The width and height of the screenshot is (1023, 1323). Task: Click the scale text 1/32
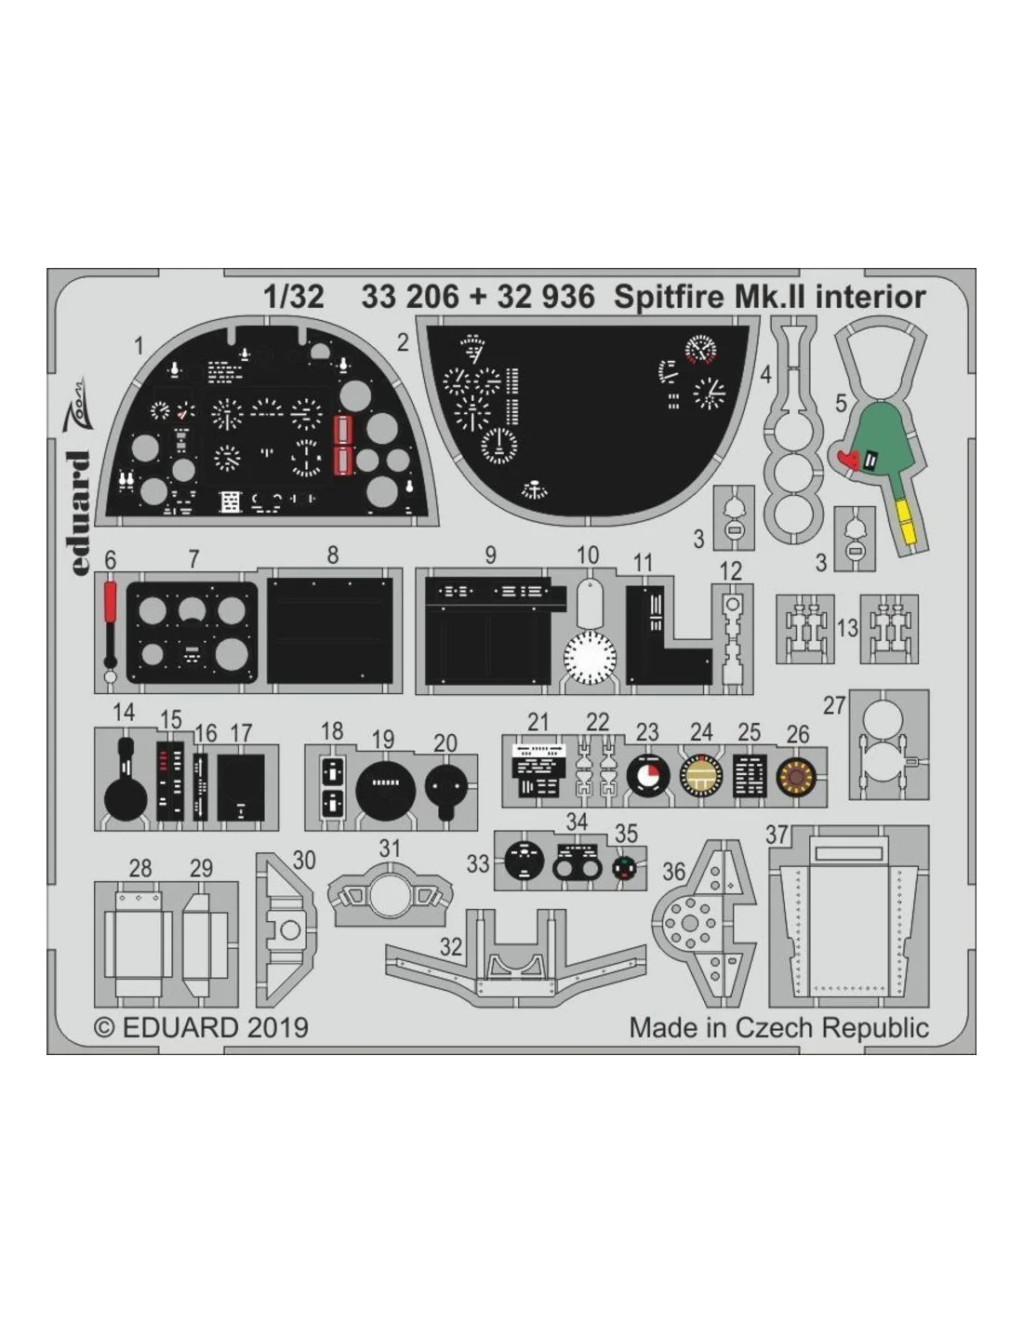click(x=293, y=297)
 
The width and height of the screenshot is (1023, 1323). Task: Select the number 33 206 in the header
click(x=410, y=297)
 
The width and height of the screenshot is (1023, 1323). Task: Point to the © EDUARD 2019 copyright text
click(x=202, y=1027)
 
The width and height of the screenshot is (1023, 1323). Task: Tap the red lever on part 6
click(x=110, y=602)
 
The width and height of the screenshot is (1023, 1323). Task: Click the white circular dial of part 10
click(x=590, y=657)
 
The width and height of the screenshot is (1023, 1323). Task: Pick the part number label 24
click(x=701, y=732)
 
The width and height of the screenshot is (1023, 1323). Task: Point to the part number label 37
click(x=777, y=835)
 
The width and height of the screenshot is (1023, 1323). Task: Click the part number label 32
click(x=451, y=947)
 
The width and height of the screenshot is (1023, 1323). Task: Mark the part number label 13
click(x=847, y=627)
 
